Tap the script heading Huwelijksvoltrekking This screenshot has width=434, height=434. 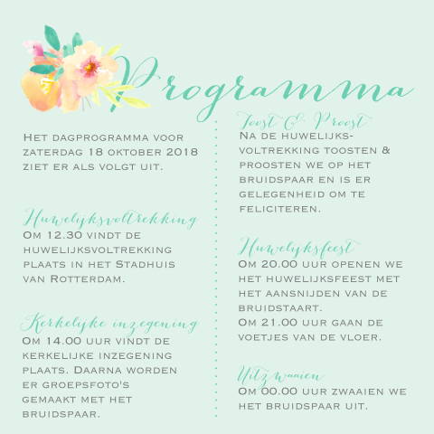109,220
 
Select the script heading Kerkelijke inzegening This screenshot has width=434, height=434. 109,324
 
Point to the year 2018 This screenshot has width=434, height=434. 181,152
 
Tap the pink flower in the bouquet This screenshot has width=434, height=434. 90,67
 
